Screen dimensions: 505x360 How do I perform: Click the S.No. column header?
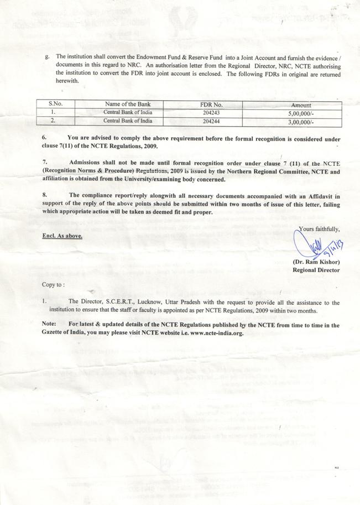[x=55, y=104]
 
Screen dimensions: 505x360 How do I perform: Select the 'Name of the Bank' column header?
[x=127, y=104]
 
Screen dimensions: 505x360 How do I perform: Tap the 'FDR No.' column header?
[x=211, y=104]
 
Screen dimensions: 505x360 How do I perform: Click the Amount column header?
[x=301, y=105]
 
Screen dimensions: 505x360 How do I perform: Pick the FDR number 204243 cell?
[x=211, y=112]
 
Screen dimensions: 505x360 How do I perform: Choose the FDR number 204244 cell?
[x=211, y=121]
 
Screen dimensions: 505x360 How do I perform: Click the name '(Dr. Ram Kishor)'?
[x=316, y=262]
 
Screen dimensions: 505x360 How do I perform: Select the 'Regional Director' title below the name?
[x=316, y=270]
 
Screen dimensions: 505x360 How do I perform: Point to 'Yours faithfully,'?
[x=319, y=228]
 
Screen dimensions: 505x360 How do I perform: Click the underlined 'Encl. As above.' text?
[x=62, y=236]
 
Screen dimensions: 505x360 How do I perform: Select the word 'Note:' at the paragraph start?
[x=49, y=325]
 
